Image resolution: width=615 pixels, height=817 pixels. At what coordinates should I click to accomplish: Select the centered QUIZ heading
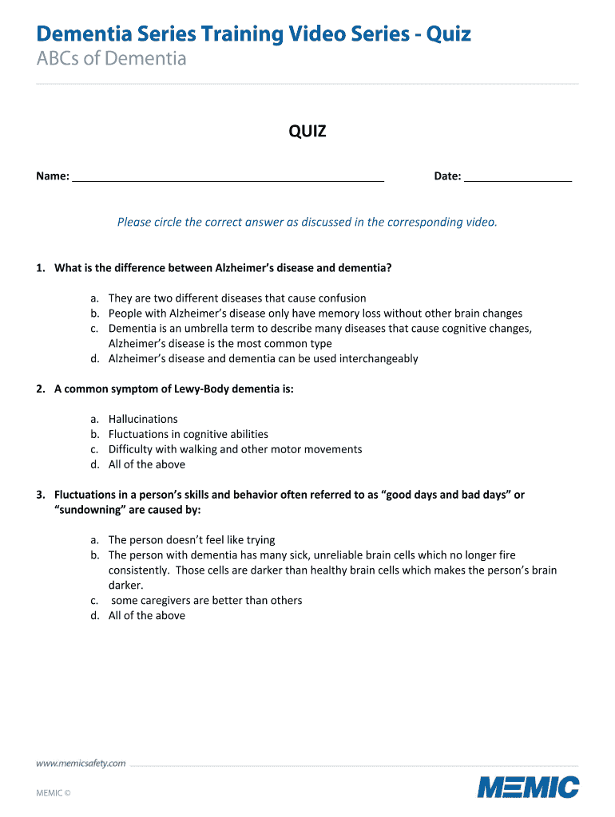[307, 132]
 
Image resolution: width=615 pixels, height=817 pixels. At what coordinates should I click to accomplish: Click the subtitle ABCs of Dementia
[111, 58]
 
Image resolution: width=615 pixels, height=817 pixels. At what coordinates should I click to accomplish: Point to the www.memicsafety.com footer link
[81, 764]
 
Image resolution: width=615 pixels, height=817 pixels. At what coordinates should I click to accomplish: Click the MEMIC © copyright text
[54, 793]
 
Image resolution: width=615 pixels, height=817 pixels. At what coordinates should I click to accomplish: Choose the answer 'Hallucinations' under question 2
[143, 419]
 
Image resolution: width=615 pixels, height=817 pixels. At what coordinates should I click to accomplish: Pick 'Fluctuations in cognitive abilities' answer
[188, 434]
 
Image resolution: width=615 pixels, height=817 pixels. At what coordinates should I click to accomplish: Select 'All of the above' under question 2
[147, 464]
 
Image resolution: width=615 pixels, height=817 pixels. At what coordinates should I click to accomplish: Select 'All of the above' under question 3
[147, 615]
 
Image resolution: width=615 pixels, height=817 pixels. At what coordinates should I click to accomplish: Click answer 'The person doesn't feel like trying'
[192, 540]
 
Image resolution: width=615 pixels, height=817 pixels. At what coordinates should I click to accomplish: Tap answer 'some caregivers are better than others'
[207, 600]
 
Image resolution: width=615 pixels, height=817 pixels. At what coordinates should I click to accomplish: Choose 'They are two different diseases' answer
[237, 298]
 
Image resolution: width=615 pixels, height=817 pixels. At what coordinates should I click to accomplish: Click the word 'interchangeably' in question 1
[379, 358]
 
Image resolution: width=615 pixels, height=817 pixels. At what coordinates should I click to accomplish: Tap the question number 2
[40, 389]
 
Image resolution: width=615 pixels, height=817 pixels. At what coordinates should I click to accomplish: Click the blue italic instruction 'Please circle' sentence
[307, 222]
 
